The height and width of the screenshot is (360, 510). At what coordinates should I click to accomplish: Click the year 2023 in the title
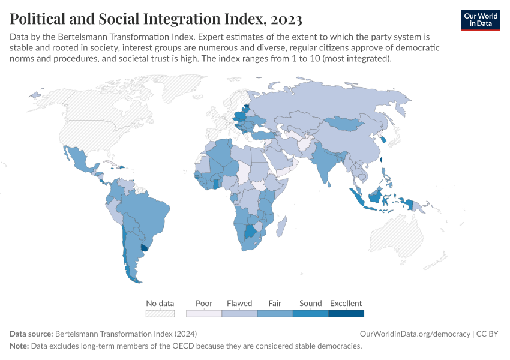pos(283,19)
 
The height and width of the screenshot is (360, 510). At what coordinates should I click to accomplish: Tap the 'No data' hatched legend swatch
pos(160,313)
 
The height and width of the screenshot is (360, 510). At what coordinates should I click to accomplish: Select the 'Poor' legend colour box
pos(204,313)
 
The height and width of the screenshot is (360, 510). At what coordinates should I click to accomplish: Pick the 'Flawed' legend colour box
pos(239,313)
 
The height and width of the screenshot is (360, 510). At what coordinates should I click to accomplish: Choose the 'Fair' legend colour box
pos(275,313)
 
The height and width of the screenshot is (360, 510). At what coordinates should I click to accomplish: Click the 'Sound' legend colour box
pos(310,313)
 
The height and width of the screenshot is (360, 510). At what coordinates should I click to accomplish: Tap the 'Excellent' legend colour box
pos(346,313)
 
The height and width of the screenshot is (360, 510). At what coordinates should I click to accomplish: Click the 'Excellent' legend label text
pos(346,303)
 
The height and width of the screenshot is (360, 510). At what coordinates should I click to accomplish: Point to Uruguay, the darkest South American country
pos(143,247)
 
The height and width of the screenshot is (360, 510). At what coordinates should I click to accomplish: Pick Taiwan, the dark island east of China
pos(381,160)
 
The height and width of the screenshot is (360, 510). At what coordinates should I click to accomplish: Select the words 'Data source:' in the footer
pos(31,334)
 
